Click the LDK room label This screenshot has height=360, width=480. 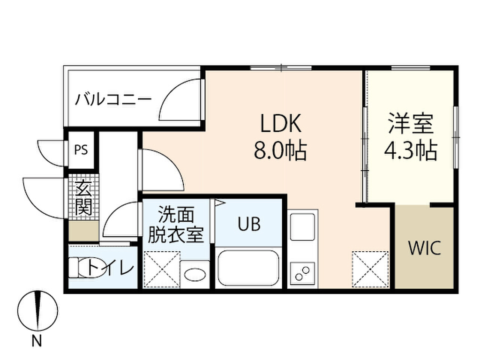281,123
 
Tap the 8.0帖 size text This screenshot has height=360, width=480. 280,150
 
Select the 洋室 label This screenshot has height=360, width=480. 411,124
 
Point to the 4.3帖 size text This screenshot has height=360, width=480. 411,150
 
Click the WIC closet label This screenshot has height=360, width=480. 425,248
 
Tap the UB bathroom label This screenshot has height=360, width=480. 249,224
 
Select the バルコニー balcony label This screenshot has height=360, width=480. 113,99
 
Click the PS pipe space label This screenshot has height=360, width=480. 81,150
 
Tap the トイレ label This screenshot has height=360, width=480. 111,268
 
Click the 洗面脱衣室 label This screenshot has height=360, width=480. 176,225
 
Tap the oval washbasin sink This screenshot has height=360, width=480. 195,274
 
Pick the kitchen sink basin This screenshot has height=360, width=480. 302,227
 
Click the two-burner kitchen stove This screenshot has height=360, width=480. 302,272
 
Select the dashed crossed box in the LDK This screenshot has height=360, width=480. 370,270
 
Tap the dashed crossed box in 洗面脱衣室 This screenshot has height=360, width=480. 162,270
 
